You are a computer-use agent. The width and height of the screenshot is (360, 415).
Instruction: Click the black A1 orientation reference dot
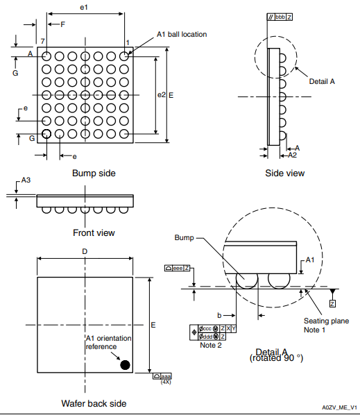126,365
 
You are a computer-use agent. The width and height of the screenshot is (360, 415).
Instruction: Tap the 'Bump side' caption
94,173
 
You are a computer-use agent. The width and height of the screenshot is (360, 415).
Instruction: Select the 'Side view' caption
284,173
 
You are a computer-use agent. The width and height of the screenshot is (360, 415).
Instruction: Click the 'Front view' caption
94,232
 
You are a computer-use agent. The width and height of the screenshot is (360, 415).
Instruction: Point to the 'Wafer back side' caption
94,403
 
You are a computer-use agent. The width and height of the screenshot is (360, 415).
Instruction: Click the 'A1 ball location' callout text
182,34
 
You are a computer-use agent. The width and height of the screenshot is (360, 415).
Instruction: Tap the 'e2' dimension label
161,94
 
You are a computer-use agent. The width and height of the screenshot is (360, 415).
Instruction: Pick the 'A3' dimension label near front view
26,180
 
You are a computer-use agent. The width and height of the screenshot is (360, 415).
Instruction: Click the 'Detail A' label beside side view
322,81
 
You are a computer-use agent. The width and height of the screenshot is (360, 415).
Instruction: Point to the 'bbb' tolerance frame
279,16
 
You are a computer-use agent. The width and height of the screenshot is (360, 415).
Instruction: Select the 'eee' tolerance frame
178,268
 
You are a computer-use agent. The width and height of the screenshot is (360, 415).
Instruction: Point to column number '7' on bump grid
42,42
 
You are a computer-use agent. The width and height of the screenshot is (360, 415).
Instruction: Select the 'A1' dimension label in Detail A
312,259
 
